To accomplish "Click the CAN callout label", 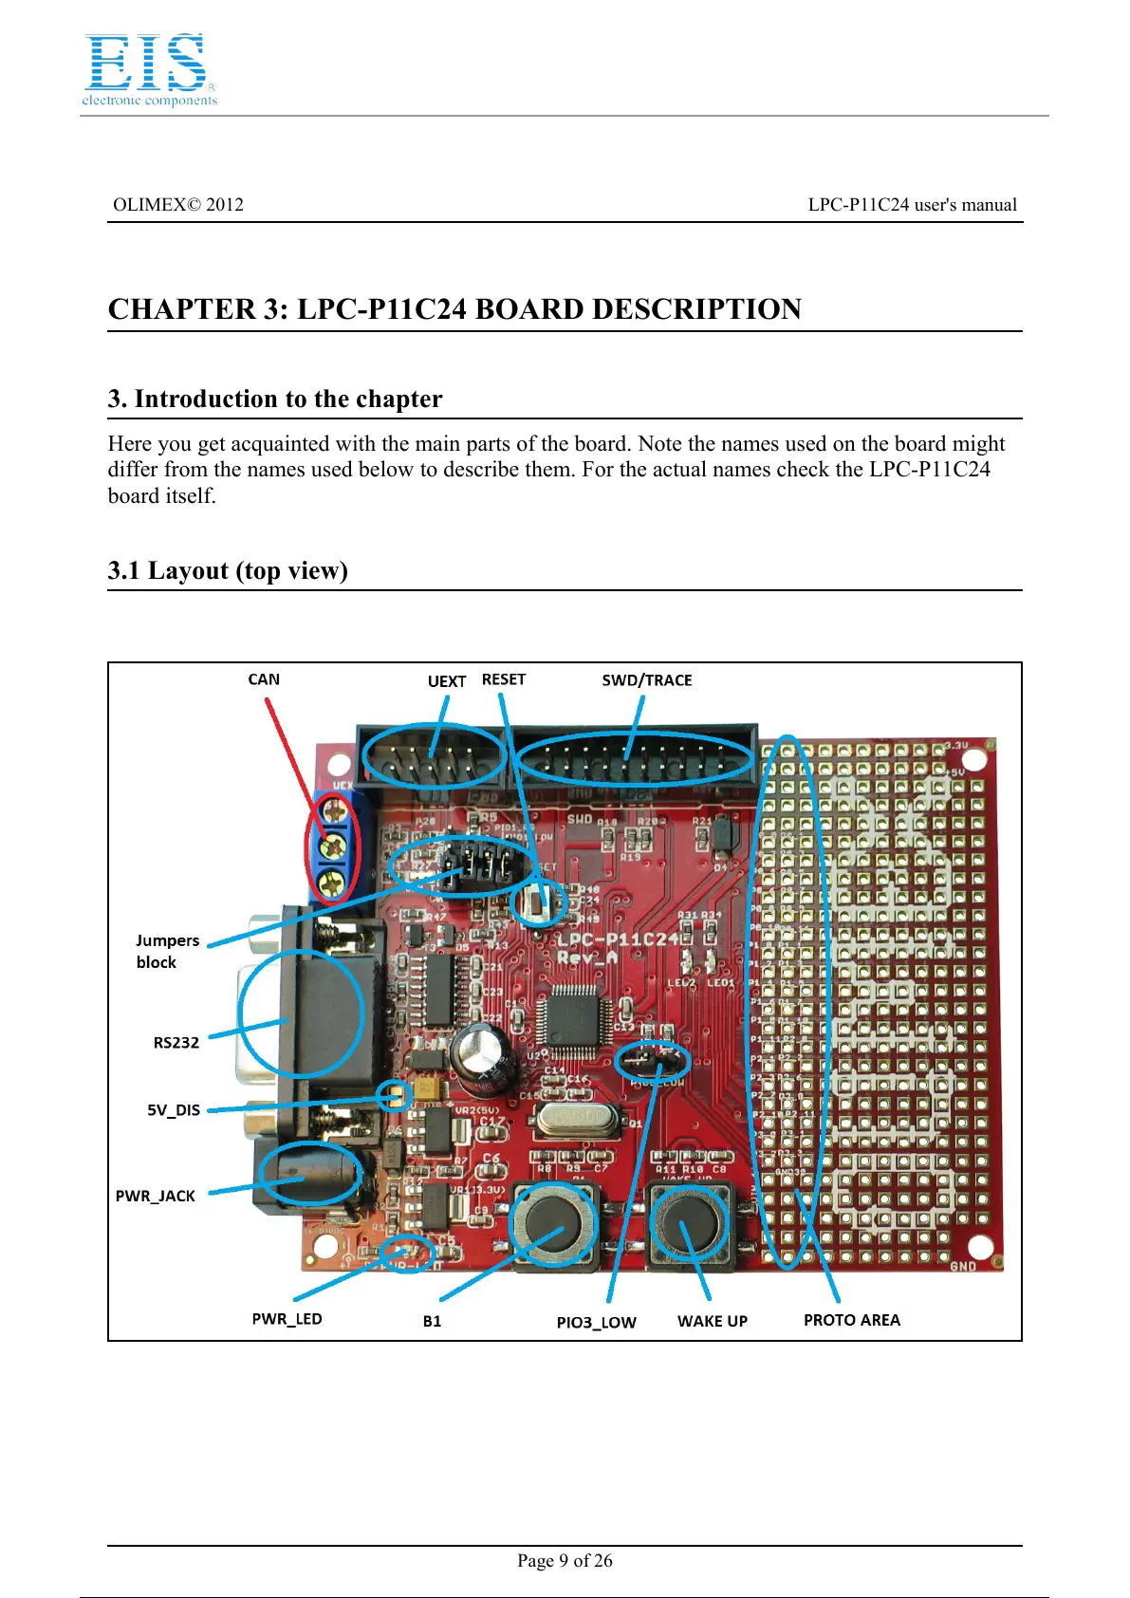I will (264, 679).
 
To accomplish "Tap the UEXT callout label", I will (446, 681).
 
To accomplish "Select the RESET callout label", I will (503, 679).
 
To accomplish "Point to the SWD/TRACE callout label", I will (646, 680).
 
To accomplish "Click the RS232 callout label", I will (176, 1043).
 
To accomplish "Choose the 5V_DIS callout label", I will (174, 1110).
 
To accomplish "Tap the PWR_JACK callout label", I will (156, 1196).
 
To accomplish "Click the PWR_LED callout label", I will (287, 1319).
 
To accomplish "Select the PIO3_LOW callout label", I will (596, 1322).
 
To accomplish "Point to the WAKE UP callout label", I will (712, 1321).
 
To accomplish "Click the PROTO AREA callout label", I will (851, 1320).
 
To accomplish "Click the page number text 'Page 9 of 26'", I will (565, 1560).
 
